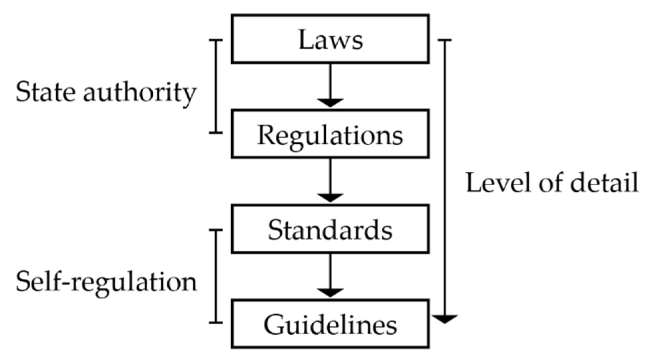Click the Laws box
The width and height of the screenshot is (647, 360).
click(x=330, y=39)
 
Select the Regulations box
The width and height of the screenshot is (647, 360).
click(x=330, y=134)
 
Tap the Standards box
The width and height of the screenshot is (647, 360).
click(x=330, y=229)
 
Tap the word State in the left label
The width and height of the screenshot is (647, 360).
click(x=45, y=92)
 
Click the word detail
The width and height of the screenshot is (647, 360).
click(x=604, y=183)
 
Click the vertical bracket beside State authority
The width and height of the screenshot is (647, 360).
click(x=217, y=87)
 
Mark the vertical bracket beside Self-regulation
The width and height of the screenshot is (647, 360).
click(x=217, y=276)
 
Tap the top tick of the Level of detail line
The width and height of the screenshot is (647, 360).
click(x=445, y=40)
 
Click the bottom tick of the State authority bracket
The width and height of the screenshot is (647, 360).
click(x=216, y=133)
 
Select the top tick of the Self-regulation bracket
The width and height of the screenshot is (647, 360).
click(x=216, y=230)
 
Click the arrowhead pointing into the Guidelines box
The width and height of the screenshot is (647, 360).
click(x=330, y=293)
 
